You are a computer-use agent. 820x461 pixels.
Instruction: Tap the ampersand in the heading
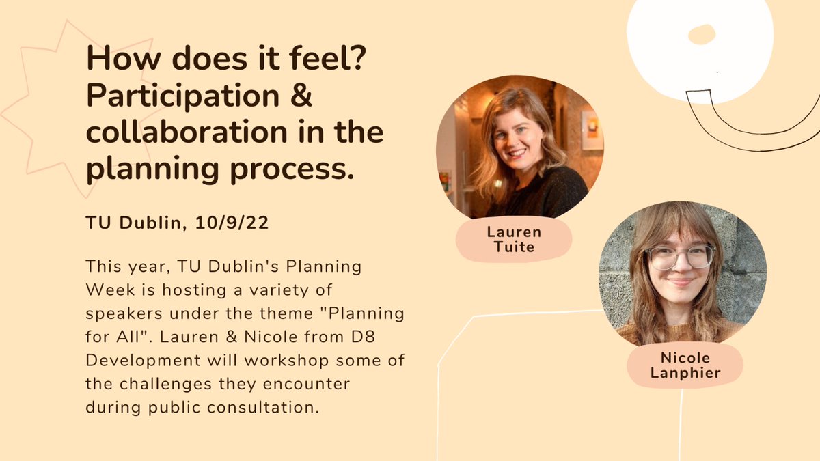pos(302,96)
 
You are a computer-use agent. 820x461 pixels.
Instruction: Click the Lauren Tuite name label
pos(513,238)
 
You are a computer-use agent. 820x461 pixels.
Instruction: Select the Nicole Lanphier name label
pos(685,365)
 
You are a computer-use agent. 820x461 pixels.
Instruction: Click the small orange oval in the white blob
pos(701,34)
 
